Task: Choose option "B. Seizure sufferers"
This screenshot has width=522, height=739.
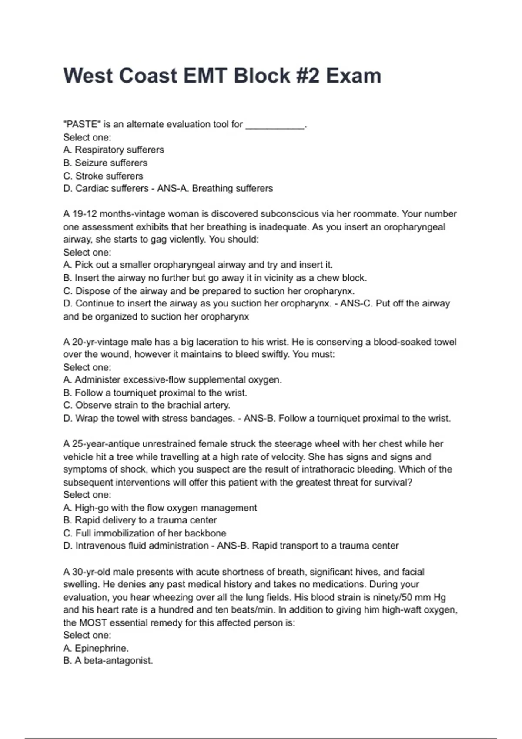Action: [105, 163]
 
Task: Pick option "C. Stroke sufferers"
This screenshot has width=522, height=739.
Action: [103, 176]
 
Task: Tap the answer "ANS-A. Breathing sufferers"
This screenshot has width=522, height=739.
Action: [215, 188]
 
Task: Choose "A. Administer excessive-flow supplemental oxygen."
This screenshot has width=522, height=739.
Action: [172, 380]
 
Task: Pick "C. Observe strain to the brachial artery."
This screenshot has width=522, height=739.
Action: [147, 405]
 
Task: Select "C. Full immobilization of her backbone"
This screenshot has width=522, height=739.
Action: [144, 533]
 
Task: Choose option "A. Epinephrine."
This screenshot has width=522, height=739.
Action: [96, 648]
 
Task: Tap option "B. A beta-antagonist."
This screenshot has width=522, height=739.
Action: [108, 661]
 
